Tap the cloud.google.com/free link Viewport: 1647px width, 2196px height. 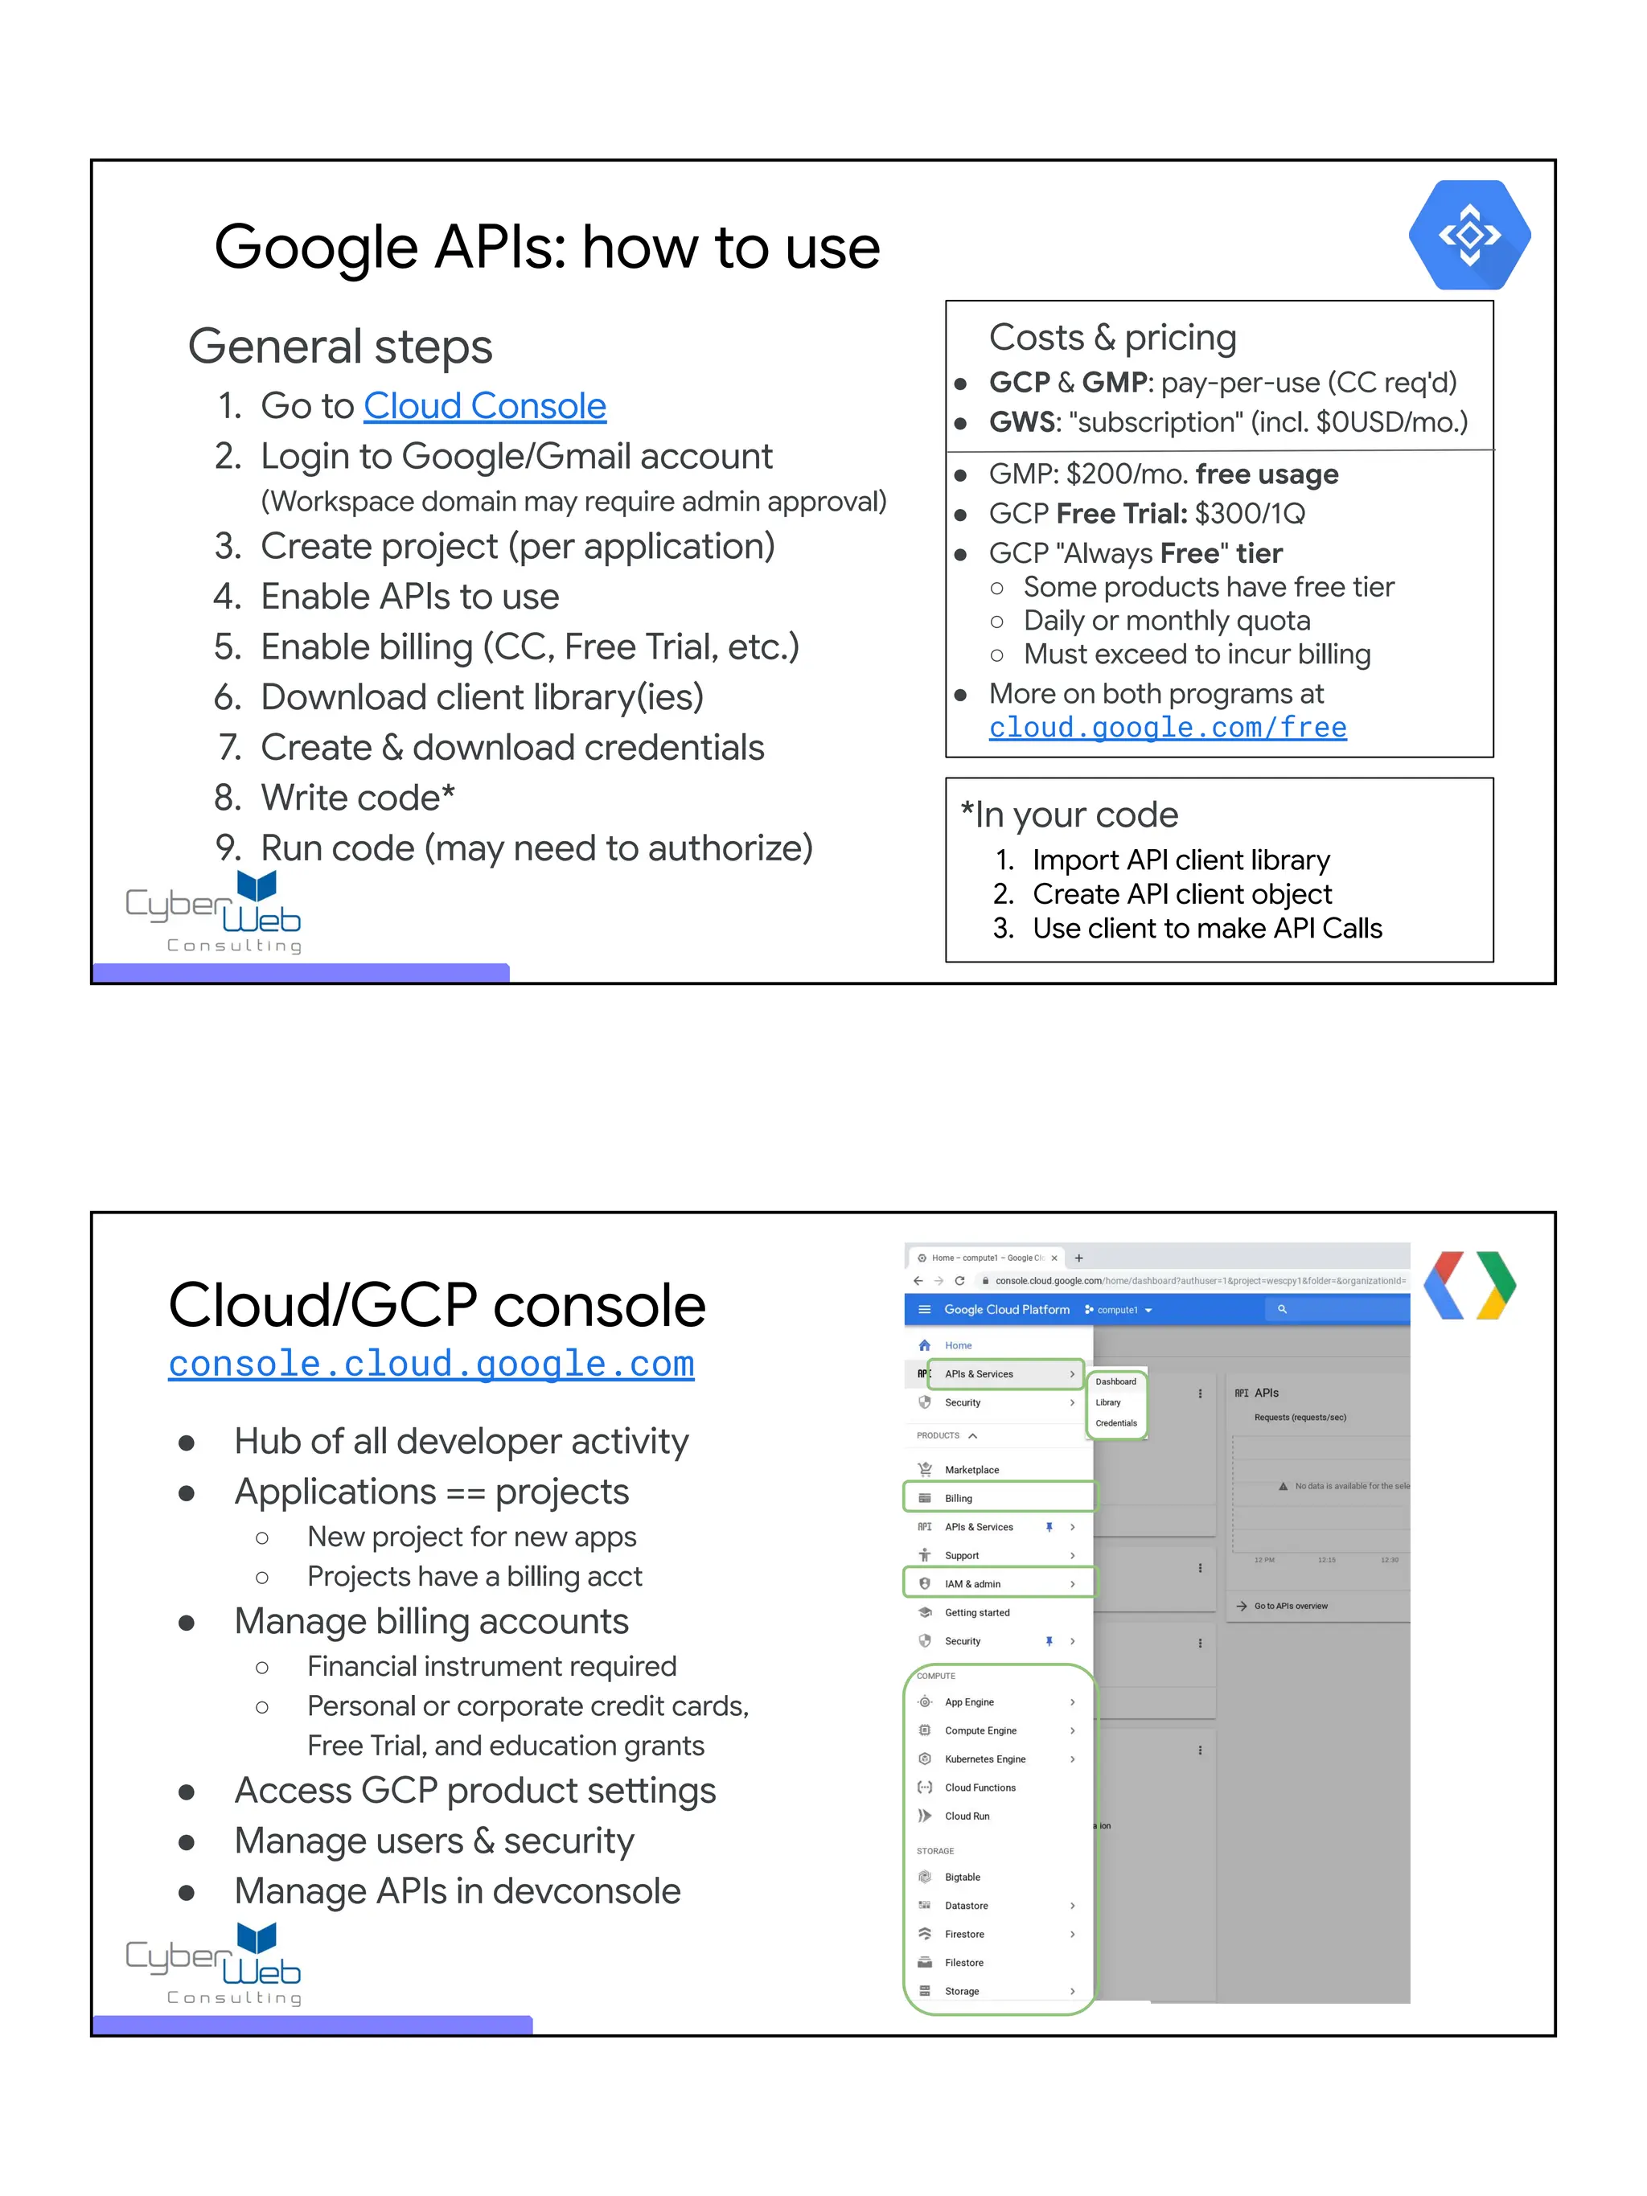[1168, 728]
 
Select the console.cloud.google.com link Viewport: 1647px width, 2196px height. [431, 1363]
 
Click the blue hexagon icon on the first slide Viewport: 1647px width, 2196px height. [1469, 236]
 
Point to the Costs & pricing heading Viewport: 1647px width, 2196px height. [1112, 338]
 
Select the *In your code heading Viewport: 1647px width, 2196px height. [1070, 815]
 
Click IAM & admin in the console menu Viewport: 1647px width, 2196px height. [972, 1583]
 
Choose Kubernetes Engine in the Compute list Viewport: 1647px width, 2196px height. [985, 1759]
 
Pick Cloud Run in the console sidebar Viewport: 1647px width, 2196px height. [967, 1816]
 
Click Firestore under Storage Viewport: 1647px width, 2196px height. [964, 1934]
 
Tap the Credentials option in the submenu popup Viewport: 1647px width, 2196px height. [1116, 1422]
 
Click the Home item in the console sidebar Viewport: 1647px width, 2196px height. [958, 1345]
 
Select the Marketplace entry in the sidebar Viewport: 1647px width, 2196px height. [971, 1469]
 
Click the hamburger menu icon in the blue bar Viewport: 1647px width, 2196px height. [924, 1309]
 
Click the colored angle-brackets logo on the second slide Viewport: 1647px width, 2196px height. [1469, 1285]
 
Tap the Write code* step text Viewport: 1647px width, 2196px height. [357, 797]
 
